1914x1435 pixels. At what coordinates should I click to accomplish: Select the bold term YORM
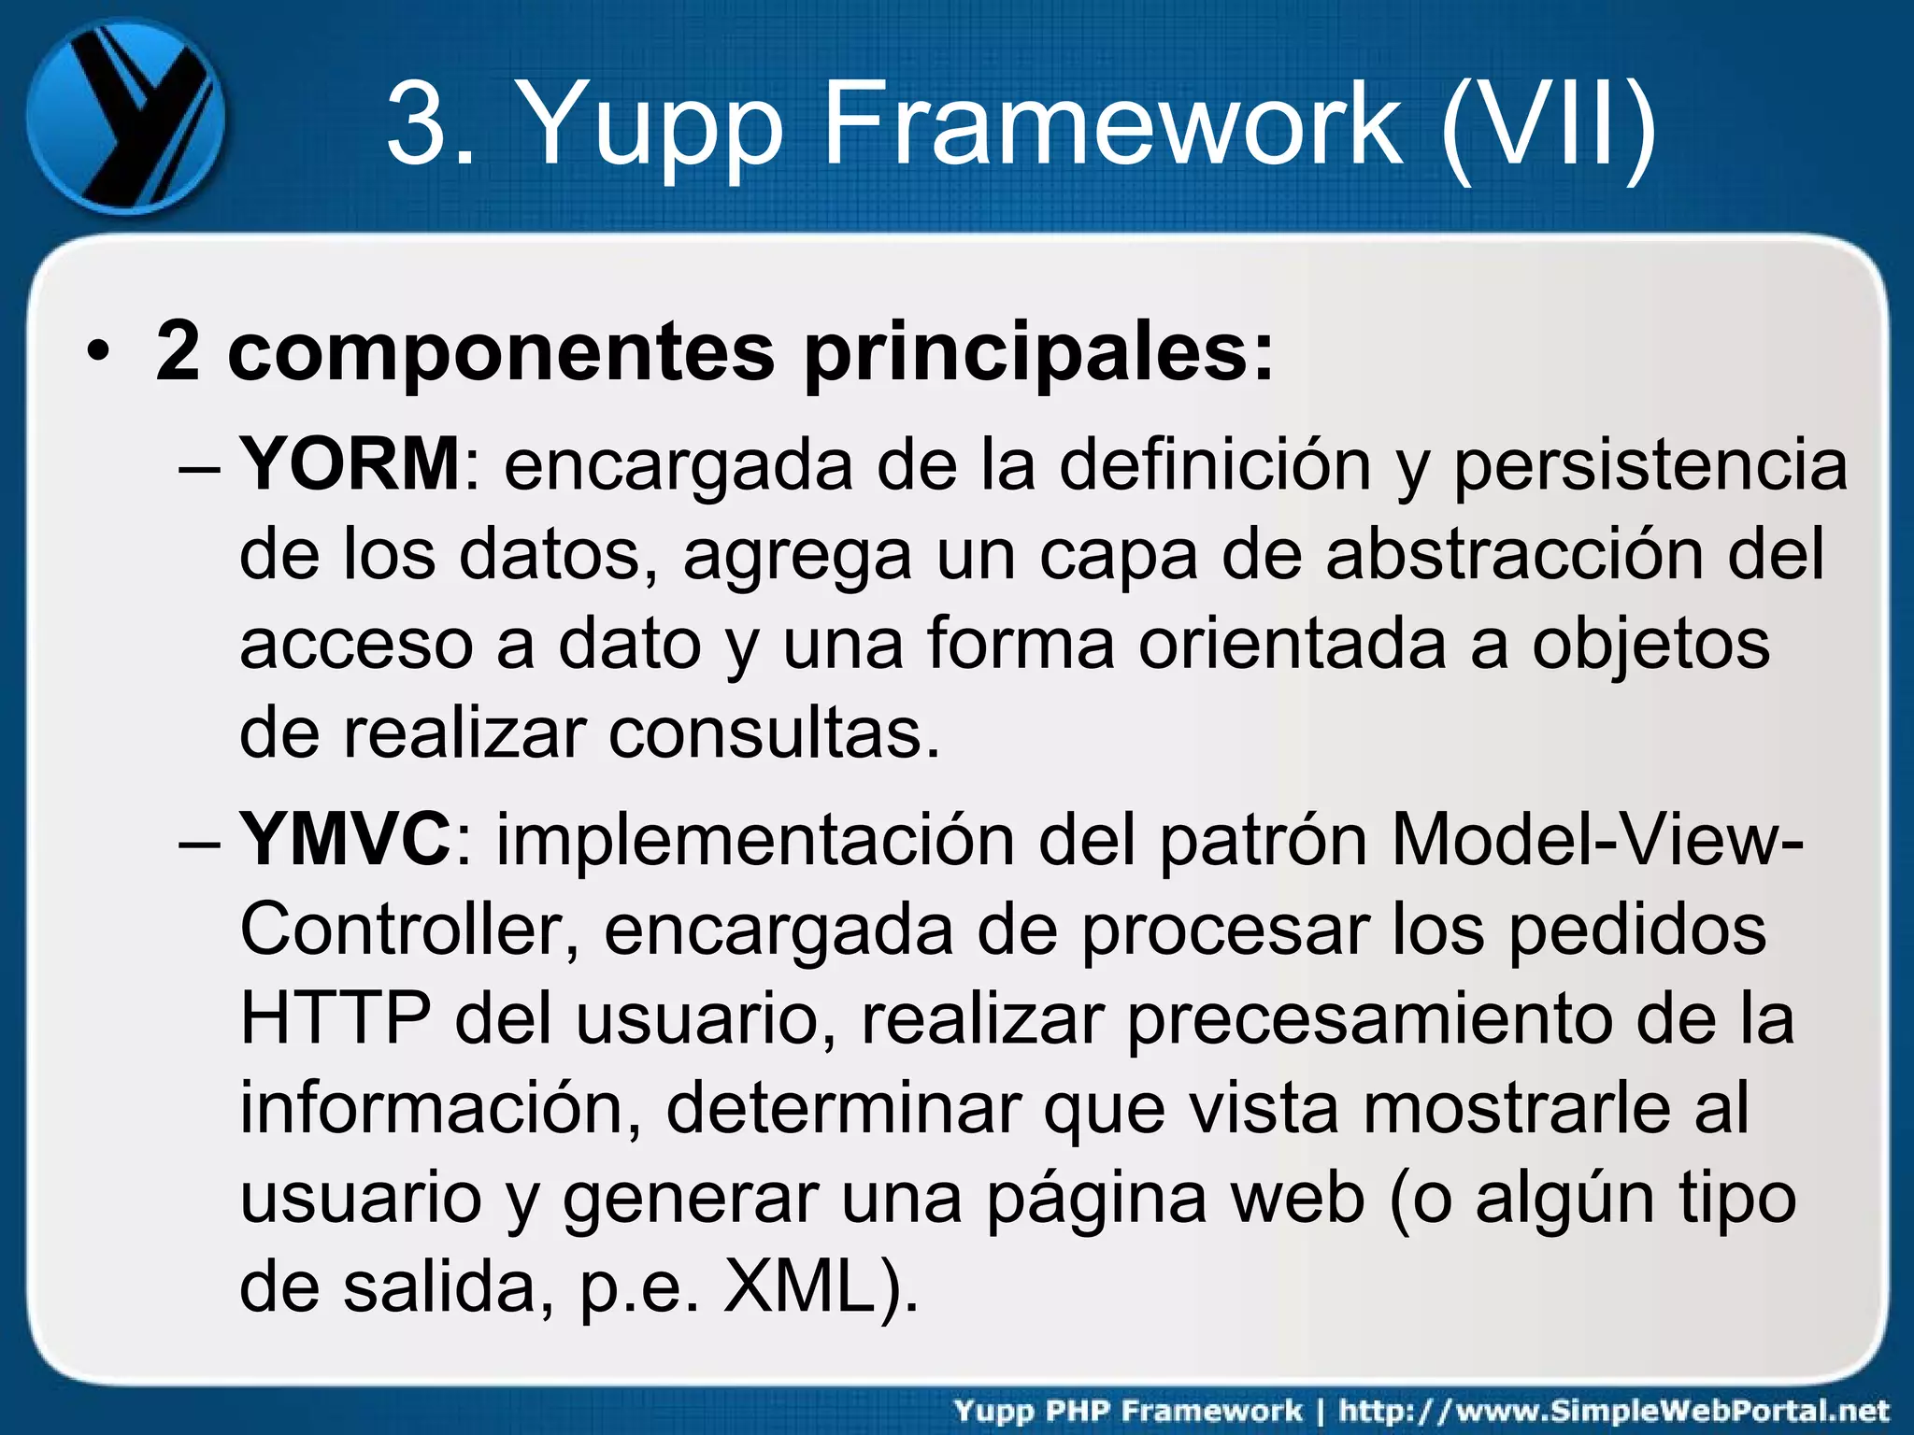350,464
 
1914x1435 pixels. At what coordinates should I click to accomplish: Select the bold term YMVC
346,840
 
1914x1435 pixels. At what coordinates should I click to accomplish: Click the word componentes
501,354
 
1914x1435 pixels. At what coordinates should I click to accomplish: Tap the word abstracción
1514,554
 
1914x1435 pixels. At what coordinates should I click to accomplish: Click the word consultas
774,733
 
